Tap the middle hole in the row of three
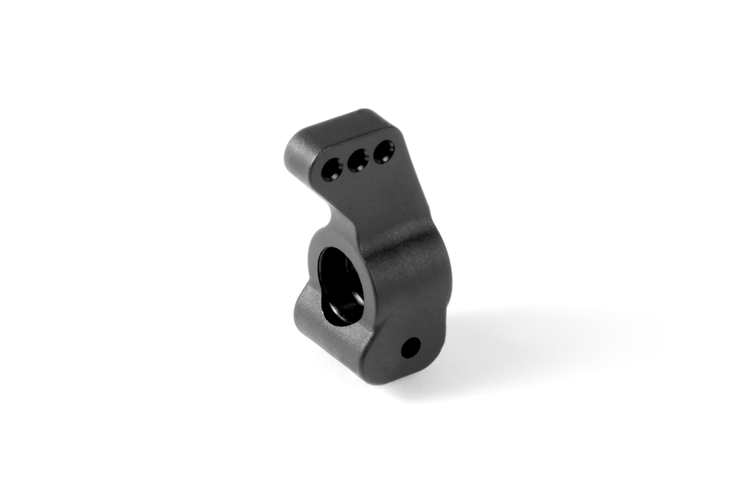tap(357, 159)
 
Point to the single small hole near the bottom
tap(410, 346)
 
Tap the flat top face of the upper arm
tap(336, 125)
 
